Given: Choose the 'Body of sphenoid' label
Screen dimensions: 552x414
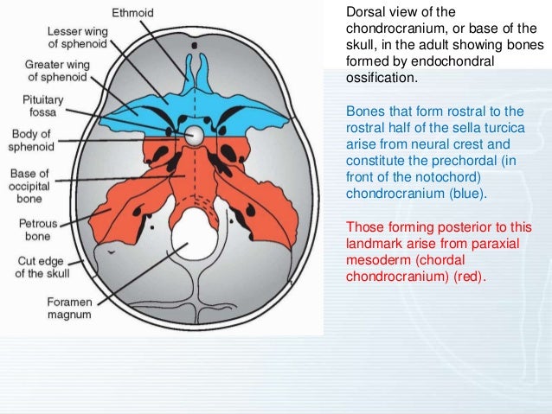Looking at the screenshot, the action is coord(30,141).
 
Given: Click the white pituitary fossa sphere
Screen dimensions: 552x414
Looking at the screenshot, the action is coord(196,136).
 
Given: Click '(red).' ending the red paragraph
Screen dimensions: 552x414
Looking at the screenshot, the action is coord(470,277).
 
